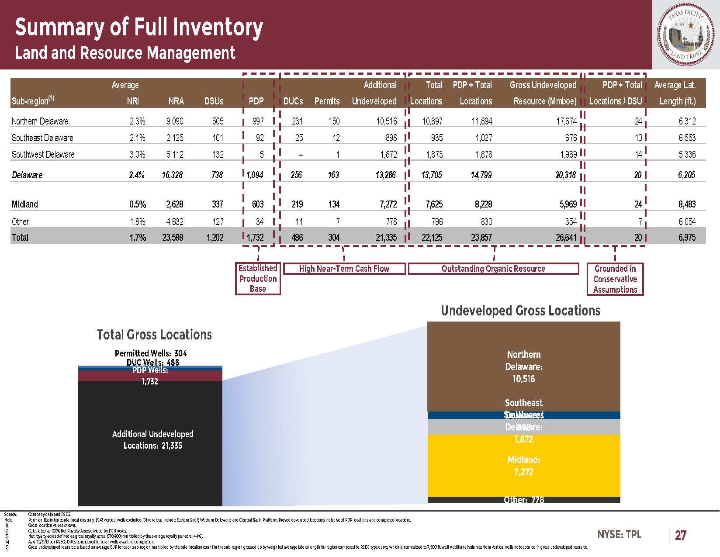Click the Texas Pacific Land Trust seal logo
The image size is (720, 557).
click(686, 35)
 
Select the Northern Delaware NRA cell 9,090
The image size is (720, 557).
click(175, 121)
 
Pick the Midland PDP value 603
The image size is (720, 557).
click(258, 204)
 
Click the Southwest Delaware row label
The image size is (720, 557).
click(43, 154)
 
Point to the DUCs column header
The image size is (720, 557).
click(293, 101)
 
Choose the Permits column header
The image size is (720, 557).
click(327, 101)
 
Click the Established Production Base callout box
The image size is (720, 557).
click(258, 278)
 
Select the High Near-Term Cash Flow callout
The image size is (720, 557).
click(344, 269)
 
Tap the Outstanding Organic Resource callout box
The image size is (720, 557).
click(493, 269)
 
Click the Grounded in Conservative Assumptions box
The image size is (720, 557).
click(615, 279)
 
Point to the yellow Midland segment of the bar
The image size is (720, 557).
click(523, 465)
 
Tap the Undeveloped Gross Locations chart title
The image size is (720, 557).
click(520, 311)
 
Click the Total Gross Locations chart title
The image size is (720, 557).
click(154, 335)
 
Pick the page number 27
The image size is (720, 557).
click(680, 535)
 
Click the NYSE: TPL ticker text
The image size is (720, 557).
click(619, 534)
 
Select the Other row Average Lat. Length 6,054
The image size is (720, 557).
click(687, 221)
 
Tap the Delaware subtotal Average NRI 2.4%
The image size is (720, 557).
click(137, 175)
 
